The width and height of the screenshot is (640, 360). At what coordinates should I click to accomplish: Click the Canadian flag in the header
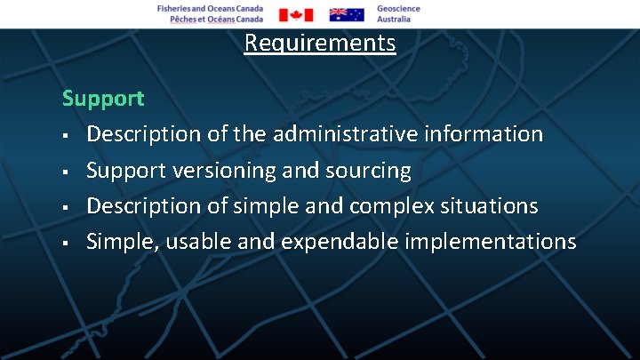pos(296,14)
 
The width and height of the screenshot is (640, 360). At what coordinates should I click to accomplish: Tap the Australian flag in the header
pos(347,14)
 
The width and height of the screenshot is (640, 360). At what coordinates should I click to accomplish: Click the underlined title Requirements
pos(320,43)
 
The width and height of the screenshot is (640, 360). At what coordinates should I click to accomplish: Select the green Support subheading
pos(103,99)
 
